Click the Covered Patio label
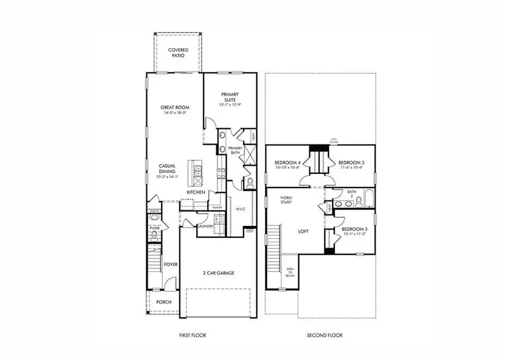tap(178, 53)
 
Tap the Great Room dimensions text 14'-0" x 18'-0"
tap(175, 113)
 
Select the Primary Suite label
tap(231, 97)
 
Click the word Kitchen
tap(195, 192)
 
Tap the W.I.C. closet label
tap(241, 209)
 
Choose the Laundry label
tap(204, 226)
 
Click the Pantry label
tap(218, 207)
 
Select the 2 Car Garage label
tap(218, 273)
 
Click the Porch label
tap(163, 302)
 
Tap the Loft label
tap(304, 230)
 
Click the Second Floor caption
tap(324, 335)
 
